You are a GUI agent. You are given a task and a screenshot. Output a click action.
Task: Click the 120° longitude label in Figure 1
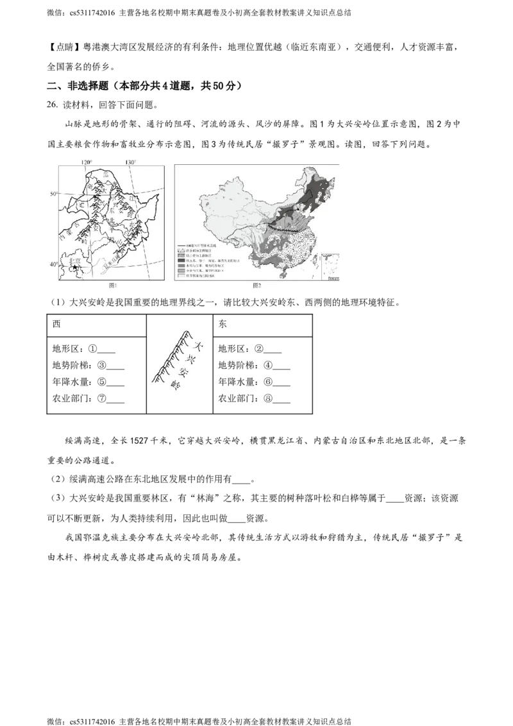click(87, 162)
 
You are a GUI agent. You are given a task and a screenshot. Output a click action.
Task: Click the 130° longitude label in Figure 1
click(130, 162)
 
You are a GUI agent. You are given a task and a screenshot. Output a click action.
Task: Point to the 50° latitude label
click(55, 194)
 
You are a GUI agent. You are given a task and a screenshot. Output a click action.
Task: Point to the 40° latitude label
click(55, 264)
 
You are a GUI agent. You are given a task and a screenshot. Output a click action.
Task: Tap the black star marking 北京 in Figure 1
click(75, 267)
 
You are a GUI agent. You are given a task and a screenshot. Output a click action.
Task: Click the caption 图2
click(257, 286)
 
